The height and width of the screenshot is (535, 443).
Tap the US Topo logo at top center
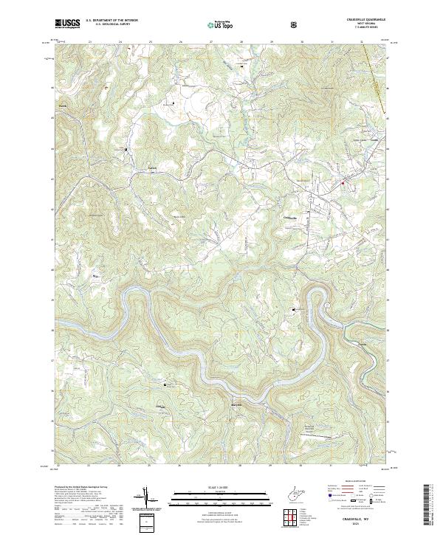pyautogui.click(x=221, y=24)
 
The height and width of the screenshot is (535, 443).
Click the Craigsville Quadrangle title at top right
pyautogui.click(x=360, y=19)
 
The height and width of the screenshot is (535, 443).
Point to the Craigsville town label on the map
pyautogui.click(x=291, y=218)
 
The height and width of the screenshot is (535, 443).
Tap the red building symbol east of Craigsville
pyautogui.click(x=343, y=183)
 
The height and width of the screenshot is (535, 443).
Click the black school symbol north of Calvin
pyautogui.click(x=126, y=150)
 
